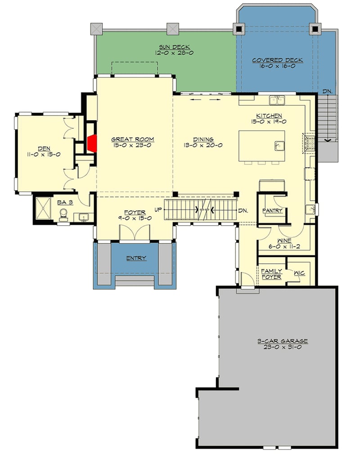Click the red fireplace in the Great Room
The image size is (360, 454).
92,144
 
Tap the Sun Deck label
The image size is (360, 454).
174,46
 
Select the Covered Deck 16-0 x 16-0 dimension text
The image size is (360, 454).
277,66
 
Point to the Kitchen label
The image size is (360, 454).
269,115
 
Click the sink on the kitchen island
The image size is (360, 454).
279,145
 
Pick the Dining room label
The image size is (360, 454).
203,139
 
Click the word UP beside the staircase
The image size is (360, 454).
158,210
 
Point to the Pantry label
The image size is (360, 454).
272,210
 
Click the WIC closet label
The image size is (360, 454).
299,272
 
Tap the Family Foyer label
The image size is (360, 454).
271,274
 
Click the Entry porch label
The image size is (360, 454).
136,258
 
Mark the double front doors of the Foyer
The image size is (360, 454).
135,233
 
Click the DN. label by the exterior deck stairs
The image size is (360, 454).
328,91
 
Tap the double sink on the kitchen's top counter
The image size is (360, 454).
277,100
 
